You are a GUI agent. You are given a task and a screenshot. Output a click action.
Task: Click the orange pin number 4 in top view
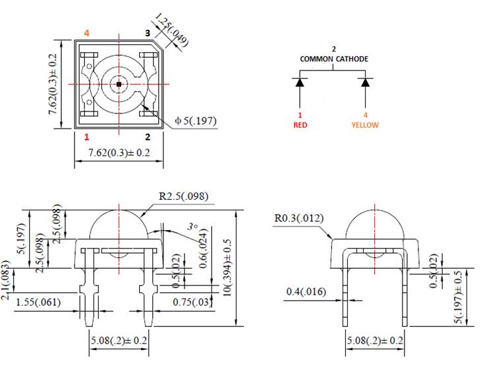(x=86, y=32)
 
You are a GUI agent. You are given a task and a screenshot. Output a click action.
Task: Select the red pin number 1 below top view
(x=86, y=137)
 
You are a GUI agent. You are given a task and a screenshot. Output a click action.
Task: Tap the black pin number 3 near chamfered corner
(x=147, y=32)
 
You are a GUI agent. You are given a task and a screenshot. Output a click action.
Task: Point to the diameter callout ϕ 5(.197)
(x=195, y=121)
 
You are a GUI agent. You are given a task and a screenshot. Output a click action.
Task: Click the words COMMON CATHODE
(x=334, y=59)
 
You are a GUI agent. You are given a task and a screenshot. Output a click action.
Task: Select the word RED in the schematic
(x=300, y=125)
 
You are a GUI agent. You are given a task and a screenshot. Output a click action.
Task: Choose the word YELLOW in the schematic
(x=365, y=125)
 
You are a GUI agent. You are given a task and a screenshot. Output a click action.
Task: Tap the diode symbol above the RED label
(x=300, y=82)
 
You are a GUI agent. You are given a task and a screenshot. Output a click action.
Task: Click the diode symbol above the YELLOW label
(x=365, y=82)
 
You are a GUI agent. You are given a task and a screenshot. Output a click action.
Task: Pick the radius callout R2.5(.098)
(x=184, y=196)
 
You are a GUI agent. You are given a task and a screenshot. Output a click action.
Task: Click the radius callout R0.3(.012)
(x=298, y=218)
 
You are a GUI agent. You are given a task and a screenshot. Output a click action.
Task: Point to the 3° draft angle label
(x=192, y=226)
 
